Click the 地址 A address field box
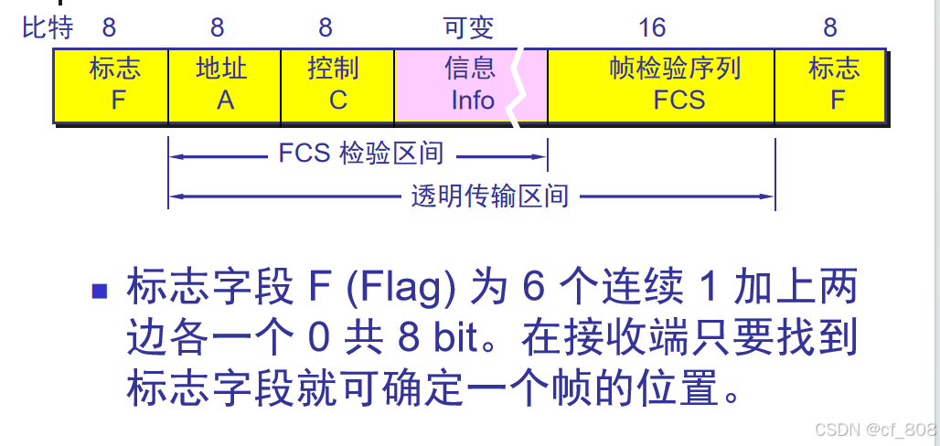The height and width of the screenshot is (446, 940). pos(225,85)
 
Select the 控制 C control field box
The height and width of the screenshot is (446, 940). pos(337,85)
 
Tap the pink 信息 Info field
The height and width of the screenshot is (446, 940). pos(457,85)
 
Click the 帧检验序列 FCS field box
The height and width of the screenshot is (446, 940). pos(660,85)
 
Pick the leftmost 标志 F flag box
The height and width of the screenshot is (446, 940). pos(112,85)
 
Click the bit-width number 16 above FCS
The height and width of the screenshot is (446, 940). pos(652,27)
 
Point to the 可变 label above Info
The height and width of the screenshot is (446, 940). pos(468,27)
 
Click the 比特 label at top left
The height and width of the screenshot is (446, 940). pos(48,27)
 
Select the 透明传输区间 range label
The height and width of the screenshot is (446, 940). pos(489,195)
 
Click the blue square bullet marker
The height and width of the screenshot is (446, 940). pos(100,292)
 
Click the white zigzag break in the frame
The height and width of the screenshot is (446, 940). pos(529,85)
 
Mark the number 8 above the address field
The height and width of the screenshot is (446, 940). pos(223,27)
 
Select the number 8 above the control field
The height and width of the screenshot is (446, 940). pos(326,27)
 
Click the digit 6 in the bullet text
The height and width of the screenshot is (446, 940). pos(532,290)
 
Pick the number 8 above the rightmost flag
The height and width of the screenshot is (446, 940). pos(829,27)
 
